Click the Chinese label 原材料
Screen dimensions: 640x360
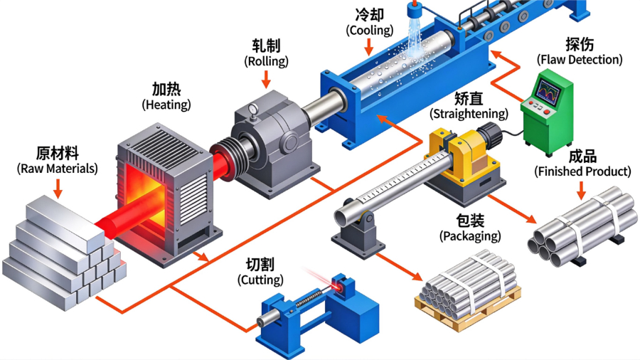(x=58, y=154)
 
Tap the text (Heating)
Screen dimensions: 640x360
(x=166, y=105)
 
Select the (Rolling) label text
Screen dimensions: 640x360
(x=266, y=61)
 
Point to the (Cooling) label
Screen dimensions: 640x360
(x=370, y=30)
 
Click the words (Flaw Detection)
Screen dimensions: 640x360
(x=580, y=60)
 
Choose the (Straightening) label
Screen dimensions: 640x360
(x=469, y=113)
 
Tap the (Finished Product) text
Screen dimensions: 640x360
(x=583, y=171)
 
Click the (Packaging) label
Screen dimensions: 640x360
(x=470, y=236)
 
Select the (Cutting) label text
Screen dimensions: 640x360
(x=260, y=280)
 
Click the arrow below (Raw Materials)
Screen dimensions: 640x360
(x=58, y=188)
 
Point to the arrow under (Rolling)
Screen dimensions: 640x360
(x=266, y=79)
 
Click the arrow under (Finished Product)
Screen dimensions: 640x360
(x=581, y=190)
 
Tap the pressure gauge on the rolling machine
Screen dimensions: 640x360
(x=253, y=110)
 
